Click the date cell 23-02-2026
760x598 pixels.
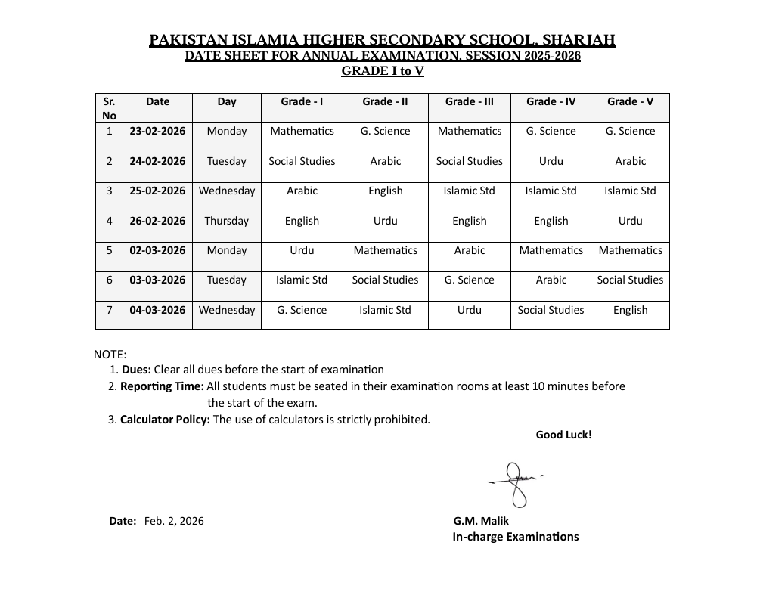pos(157,131)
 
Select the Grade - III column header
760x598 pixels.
pos(469,101)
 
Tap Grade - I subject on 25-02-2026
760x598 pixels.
pos(302,191)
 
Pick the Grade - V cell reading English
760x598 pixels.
pos(630,310)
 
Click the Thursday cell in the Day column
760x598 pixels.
pos(226,221)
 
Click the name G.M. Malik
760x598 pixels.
pos(481,521)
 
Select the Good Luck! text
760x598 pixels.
pos(563,435)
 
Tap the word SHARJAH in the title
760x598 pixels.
pos(579,40)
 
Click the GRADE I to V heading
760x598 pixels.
pos(382,71)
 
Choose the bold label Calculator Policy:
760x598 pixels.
pos(165,420)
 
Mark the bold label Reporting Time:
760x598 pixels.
pos(162,386)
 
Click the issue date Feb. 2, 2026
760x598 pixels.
pos(174,521)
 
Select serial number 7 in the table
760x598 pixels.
pos(110,310)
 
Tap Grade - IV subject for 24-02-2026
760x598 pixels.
pos(551,161)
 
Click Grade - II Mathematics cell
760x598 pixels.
pos(385,250)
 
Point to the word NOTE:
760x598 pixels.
pos(110,354)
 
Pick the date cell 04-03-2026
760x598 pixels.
pos(157,310)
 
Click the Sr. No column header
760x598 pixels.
pos(110,108)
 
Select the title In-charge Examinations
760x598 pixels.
pos(516,537)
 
